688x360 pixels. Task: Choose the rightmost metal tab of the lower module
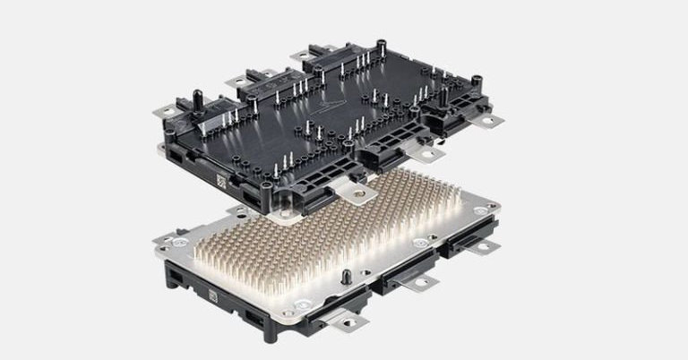tap(489, 244)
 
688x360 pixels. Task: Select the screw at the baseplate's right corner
tap(484, 210)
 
